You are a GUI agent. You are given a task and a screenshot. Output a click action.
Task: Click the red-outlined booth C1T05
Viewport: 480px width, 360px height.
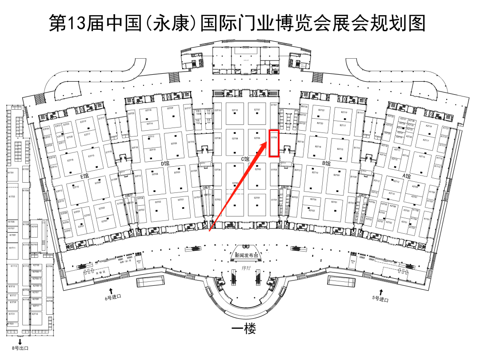274,143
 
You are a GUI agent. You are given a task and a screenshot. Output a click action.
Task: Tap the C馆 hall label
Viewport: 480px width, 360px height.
245,159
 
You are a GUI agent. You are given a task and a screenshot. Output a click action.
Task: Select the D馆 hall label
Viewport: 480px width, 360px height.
165,163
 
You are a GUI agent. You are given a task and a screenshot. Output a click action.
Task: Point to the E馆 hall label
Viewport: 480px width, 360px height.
84,176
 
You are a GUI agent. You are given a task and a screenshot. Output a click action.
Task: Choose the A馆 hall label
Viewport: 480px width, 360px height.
407,176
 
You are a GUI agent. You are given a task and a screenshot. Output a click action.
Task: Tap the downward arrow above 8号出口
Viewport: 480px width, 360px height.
20,342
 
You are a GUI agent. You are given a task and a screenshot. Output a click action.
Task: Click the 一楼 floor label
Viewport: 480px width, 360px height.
244,329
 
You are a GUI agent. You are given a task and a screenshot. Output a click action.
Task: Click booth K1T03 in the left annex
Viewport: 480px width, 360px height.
12,196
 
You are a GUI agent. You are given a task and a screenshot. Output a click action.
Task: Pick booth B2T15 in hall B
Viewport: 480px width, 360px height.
340,149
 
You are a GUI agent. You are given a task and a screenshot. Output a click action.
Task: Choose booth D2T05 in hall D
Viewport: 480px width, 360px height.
174,144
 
